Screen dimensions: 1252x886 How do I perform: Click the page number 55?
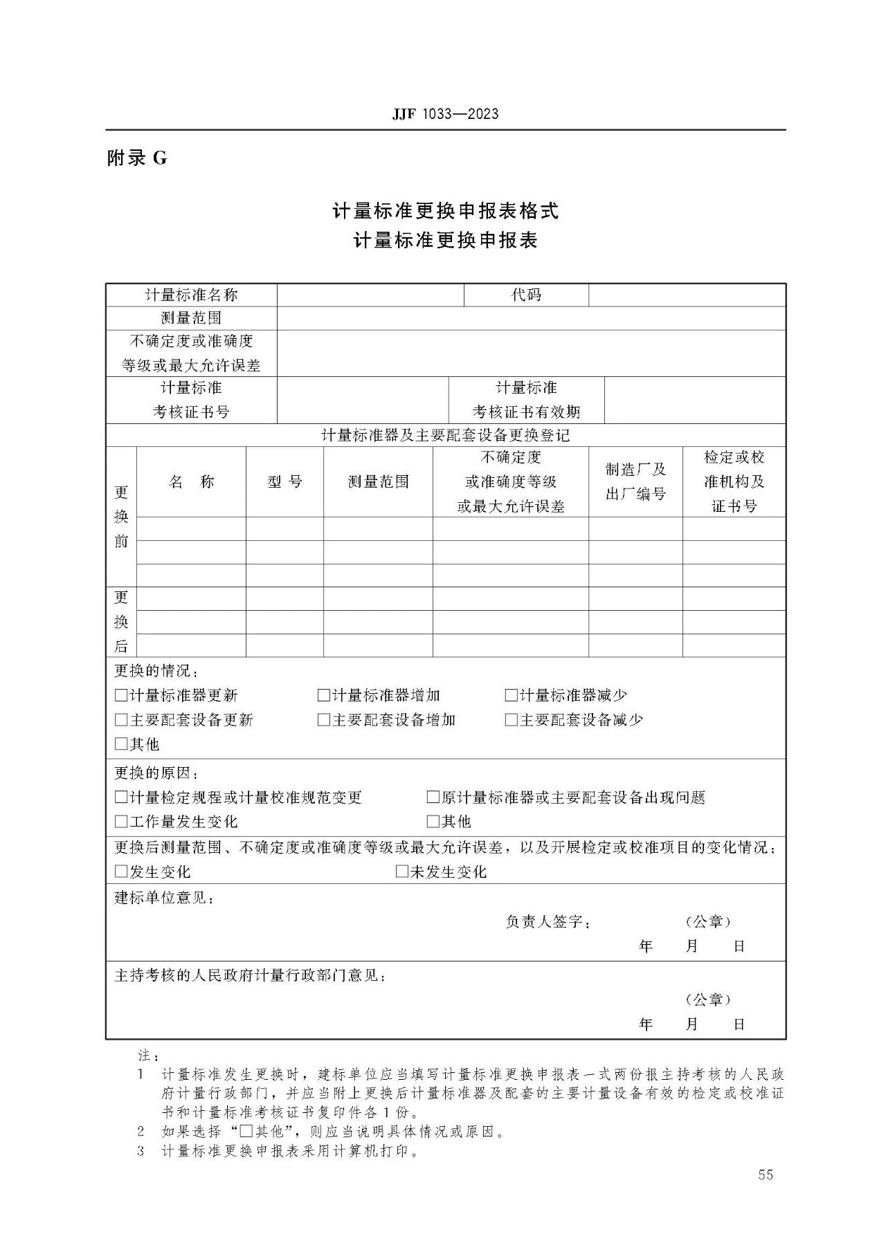pyautogui.click(x=765, y=1175)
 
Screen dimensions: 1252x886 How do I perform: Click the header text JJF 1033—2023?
pyautogui.click(x=445, y=114)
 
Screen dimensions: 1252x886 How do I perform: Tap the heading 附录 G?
pyautogui.click(x=137, y=158)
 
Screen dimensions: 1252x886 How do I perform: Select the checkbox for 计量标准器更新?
pyautogui.click(x=121, y=695)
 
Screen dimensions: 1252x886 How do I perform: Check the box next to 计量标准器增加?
pyautogui.click(x=324, y=695)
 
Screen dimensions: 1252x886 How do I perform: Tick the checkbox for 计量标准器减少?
pyautogui.click(x=512, y=695)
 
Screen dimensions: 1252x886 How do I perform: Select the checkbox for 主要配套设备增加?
pyautogui.click(x=324, y=720)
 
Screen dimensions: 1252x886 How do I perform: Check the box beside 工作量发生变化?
pyautogui.click(x=121, y=822)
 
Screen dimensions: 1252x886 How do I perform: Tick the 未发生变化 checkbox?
pyautogui.click(x=402, y=872)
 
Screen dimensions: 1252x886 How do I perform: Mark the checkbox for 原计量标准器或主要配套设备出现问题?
pyautogui.click(x=433, y=798)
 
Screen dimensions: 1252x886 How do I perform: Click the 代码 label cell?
pyautogui.click(x=526, y=295)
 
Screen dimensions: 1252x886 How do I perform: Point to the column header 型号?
pyautogui.click(x=284, y=482)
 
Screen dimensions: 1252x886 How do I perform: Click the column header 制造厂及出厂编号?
pyautogui.click(x=635, y=482)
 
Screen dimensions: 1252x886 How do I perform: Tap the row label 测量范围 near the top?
pyautogui.click(x=191, y=318)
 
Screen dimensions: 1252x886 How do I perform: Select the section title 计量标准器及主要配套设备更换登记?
pyautogui.click(x=445, y=436)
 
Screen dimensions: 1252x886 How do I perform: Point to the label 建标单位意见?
pyautogui.click(x=165, y=898)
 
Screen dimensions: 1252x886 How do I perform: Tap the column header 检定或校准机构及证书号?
pyautogui.click(x=734, y=482)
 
